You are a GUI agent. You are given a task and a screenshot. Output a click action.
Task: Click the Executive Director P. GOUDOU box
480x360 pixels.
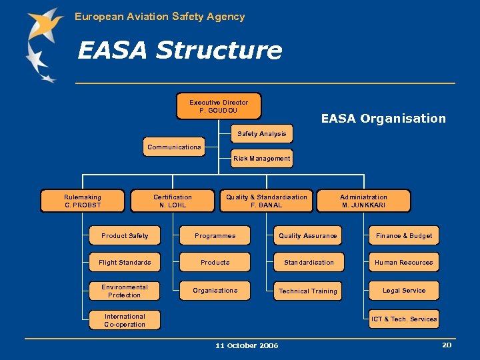point(219,106)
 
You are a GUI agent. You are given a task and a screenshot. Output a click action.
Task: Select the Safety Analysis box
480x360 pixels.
point(262,134)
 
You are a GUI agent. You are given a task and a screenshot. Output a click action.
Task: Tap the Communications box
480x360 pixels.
point(174,147)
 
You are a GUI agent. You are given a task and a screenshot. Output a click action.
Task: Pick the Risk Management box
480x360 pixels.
point(262,159)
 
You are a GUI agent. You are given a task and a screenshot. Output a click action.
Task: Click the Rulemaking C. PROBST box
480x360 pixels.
point(83,201)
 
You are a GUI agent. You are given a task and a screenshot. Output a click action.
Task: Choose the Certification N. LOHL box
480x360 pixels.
point(173,201)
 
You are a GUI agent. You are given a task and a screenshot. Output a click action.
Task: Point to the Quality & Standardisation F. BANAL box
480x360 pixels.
point(267,201)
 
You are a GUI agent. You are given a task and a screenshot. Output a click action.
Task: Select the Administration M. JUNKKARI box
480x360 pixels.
point(363,201)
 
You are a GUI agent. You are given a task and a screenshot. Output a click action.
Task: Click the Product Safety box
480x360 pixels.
point(125,236)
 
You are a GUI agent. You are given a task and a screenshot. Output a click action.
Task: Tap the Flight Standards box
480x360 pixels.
point(125,263)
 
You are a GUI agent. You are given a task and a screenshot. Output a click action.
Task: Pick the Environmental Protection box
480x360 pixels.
point(125,291)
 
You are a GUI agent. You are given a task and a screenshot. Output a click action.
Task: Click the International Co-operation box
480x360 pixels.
point(125,321)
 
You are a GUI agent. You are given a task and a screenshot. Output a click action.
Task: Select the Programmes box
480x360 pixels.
point(215,236)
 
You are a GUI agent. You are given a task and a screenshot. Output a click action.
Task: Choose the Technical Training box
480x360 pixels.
point(308,291)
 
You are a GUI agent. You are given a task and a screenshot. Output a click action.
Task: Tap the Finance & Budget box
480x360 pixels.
point(404,236)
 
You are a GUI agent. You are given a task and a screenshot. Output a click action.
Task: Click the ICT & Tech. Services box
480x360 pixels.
point(404,319)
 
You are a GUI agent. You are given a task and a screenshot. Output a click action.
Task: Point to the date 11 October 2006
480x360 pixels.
point(247,345)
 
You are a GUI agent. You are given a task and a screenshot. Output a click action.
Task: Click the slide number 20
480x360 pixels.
point(447,345)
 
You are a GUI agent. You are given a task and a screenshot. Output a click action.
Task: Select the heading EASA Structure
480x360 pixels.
point(180,51)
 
